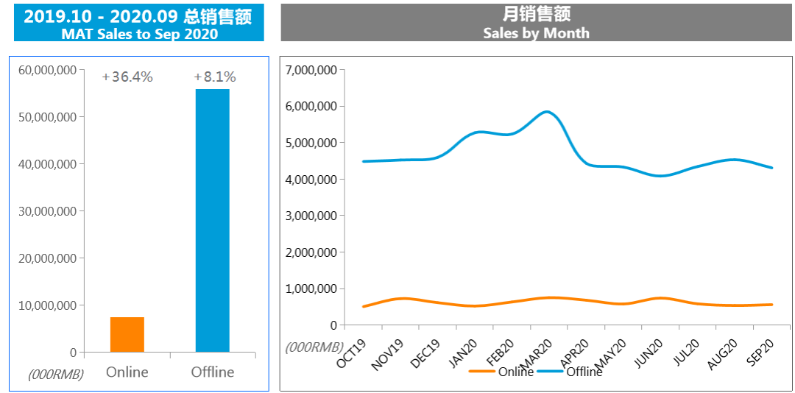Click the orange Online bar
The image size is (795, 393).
(x=127, y=334)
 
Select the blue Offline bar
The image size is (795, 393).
(x=212, y=220)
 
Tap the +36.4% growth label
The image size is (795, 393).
(x=127, y=77)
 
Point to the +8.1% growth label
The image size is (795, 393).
(x=214, y=77)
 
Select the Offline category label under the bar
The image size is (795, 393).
(x=213, y=372)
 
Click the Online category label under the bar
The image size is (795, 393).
(x=127, y=372)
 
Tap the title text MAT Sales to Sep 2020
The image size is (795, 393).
(x=139, y=34)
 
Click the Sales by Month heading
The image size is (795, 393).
(x=536, y=33)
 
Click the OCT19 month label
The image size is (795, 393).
(x=352, y=353)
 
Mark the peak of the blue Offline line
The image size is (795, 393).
(x=546, y=112)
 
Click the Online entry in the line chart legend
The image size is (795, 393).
(x=515, y=372)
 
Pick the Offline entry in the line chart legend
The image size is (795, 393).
(x=584, y=372)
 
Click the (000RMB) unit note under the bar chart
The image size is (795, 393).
(x=56, y=374)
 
